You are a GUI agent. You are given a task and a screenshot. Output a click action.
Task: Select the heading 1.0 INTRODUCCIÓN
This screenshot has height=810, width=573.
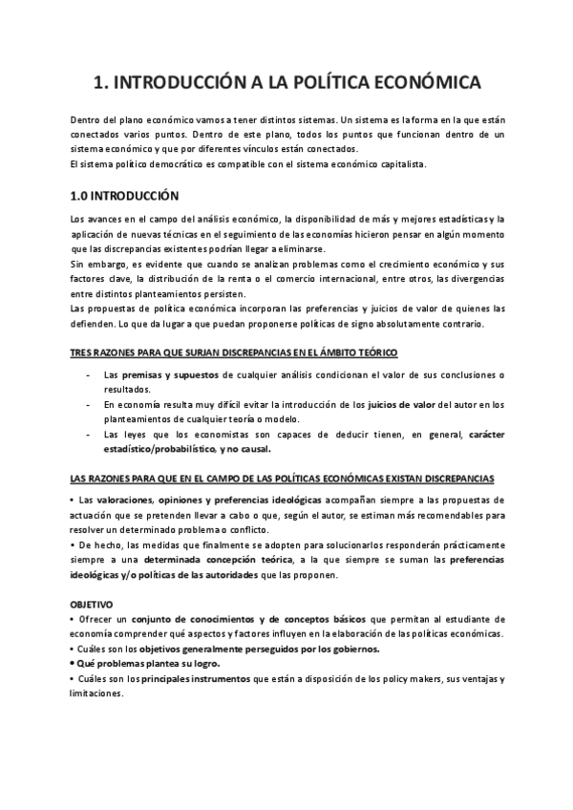click(125, 194)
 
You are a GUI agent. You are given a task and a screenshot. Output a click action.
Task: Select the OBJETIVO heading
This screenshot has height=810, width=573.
click(92, 605)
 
